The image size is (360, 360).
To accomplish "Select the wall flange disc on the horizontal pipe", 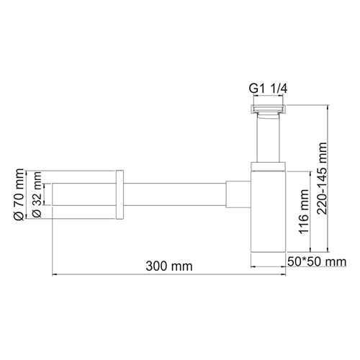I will pyautogui.click(x=120, y=194).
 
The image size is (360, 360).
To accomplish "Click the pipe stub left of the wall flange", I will pyautogui.click(x=83, y=194).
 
